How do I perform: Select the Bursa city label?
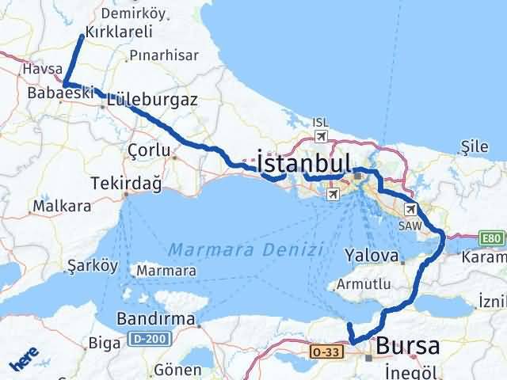[x=409, y=346]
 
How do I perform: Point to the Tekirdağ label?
[x=126, y=184]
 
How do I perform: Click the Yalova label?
[x=371, y=256]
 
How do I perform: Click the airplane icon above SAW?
[x=410, y=210]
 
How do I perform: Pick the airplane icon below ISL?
[x=321, y=136]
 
